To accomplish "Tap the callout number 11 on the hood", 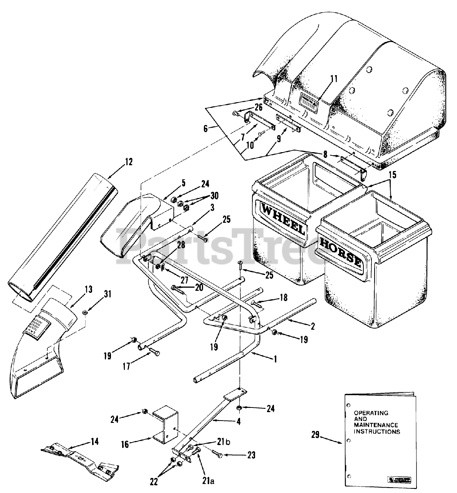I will (x=333, y=79).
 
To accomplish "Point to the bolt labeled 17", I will (x=153, y=351).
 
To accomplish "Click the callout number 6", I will (x=206, y=128).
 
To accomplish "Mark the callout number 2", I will (x=313, y=327).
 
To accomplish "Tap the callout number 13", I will (x=89, y=289).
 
